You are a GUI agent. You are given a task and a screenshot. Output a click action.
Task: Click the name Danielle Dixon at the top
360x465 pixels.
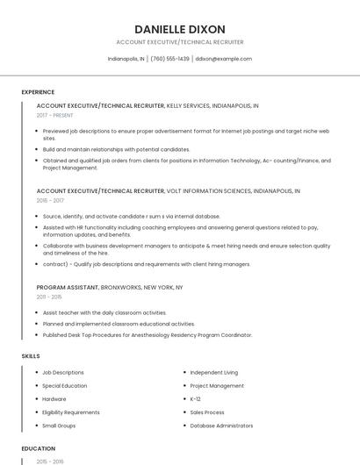click(x=179, y=29)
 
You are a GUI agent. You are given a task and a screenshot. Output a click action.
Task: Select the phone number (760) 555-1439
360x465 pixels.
click(x=169, y=59)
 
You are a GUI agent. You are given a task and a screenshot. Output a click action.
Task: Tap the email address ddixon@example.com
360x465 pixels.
click(x=224, y=59)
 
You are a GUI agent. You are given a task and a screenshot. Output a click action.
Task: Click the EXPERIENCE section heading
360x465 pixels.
click(x=38, y=92)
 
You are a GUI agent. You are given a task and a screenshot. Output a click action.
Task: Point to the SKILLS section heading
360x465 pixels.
click(x=30, y=356)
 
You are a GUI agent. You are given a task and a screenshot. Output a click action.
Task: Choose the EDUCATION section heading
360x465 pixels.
click(x=38, y=448)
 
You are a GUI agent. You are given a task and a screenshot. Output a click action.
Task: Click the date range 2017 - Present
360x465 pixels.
click(x=55, y=115)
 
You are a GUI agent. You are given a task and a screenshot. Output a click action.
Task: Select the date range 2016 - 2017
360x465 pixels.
click(x=50, y=200)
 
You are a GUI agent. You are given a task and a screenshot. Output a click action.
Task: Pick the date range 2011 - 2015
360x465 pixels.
click(x=49, y=297)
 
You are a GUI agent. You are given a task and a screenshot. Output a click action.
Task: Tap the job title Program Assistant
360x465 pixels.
click(x=68, y=287)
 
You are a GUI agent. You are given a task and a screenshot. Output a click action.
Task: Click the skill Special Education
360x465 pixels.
click(x=64, y=386)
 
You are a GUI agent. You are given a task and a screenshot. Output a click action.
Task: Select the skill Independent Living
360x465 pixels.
click(x=213, y=373)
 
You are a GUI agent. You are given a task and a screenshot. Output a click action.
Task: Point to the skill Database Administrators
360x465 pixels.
click(x=222, y=426)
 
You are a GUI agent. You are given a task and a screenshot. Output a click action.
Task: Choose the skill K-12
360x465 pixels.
click(x=195, y=399)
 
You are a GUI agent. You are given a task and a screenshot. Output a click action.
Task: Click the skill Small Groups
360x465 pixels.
click(x=59, y=426)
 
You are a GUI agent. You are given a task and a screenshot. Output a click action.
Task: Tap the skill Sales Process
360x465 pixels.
click(x=207, y=412)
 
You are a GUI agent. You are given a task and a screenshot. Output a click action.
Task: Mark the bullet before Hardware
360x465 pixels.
click(x=36, y=399)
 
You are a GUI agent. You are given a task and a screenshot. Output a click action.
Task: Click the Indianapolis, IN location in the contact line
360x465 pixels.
click(x=126, y=59)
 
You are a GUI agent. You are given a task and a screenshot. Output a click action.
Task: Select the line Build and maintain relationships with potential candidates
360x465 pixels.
click(x=116, y=149)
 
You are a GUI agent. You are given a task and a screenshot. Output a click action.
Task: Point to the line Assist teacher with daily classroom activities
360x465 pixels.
click(x=104, y=311)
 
